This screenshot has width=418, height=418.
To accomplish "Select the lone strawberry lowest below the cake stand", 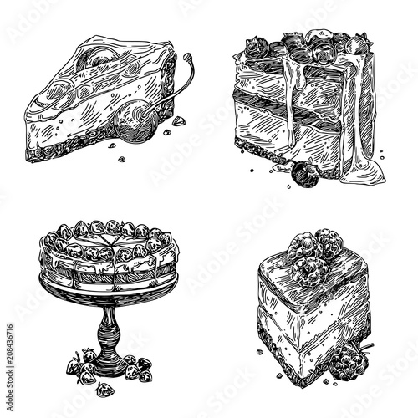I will (104, 390).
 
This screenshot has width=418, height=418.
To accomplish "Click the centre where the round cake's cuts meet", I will (113, 251).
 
